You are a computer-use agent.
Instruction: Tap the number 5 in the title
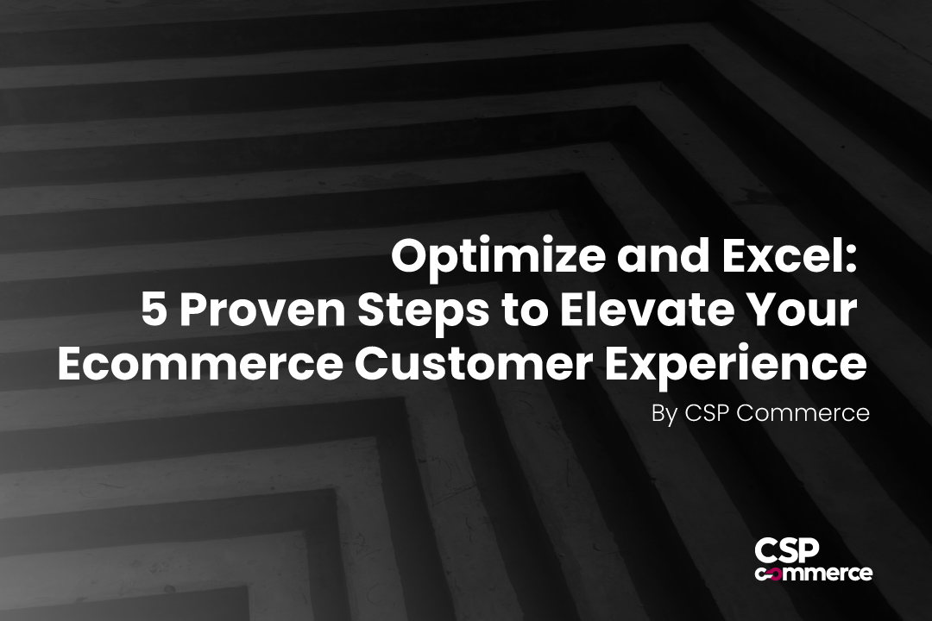[x=154, y=310]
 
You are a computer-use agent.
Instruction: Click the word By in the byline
[x=664, y=414]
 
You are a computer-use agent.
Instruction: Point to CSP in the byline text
[x=708, y=412]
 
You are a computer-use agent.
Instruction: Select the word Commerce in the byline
[x=803, y=412]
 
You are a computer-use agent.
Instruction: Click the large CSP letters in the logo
[x=787, y=551]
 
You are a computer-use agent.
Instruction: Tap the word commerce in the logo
[x=814, y=573]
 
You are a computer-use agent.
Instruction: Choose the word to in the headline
[x=525, y=311]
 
